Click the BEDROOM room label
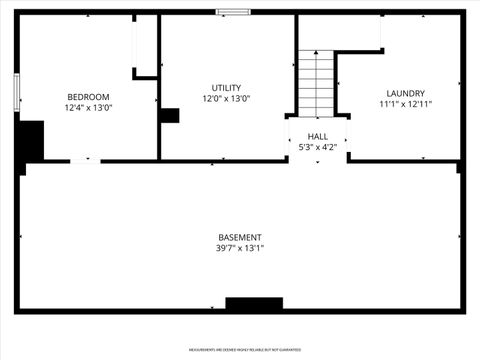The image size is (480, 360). [x=88, y=96]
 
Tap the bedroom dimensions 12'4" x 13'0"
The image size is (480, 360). [x=88, y=107]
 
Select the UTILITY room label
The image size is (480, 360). [x=226, y=88]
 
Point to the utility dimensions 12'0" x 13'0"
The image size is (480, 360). [x=226, y=99]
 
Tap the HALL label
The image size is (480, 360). [x=317, y=136]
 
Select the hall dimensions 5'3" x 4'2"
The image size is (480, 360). [x=317, y=147]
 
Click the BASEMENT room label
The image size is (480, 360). [x=240, y=237]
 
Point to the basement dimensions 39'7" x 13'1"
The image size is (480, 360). [x=240, y=248]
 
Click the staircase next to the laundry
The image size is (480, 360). [x=316, y=82]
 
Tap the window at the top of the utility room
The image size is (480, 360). [x=233, y=12]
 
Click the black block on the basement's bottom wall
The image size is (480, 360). [x=254, y=303]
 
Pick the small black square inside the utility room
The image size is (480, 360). [x=169, y=115]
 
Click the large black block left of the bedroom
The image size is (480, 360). [x=30, y=141]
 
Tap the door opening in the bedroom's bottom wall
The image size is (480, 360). [x=85, y=160]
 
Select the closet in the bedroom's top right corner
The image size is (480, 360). [x=146, y=44]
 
